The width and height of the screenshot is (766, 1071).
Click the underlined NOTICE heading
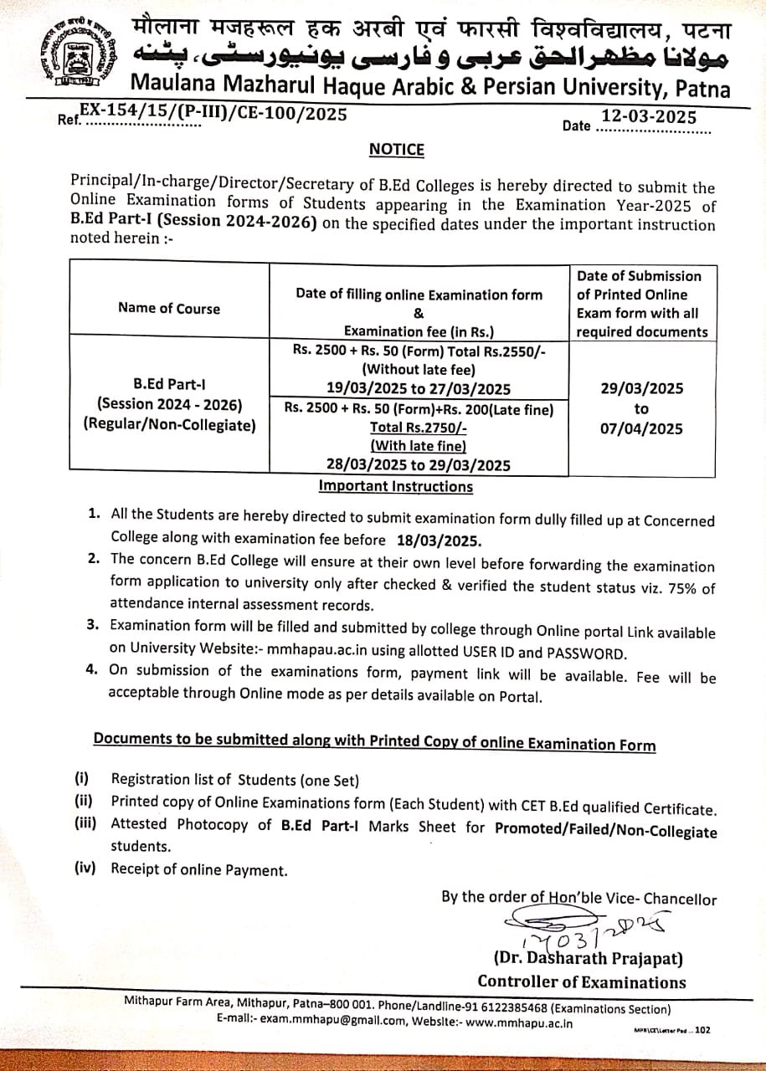(397, 150)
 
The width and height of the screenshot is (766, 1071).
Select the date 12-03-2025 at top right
(649, 117)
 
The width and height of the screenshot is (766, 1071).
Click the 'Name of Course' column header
(169, 309)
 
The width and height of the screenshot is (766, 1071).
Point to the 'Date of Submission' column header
(640, 276)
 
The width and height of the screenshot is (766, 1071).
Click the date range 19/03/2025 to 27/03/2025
(419, 387)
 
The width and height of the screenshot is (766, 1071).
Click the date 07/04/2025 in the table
(641, 429)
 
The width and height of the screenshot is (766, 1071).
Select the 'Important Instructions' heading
(395, 487)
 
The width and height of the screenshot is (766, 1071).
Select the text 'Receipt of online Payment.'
(199, 870)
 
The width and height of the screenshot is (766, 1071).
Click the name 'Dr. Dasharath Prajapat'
(589, 958)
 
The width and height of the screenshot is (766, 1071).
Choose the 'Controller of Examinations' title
(582, 982)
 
